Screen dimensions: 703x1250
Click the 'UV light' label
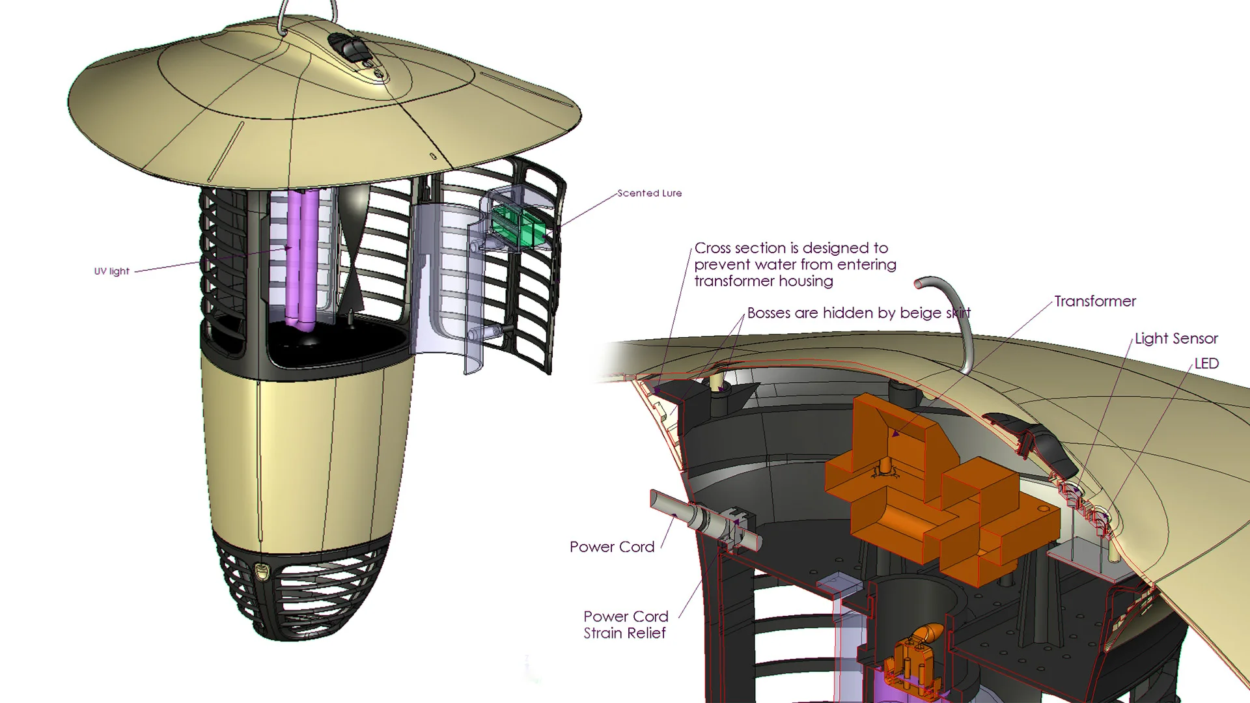(x=112, y=271)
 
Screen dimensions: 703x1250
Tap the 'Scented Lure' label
(x=649, y=193)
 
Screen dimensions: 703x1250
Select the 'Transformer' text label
(x=1095, y=301)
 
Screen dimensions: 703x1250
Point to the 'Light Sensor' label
(x=1176, y=338)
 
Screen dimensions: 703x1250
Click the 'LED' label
(x=1206, y=363)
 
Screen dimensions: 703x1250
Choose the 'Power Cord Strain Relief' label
(x=626, y=625)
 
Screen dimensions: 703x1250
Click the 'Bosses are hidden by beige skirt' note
(x=858, y=313)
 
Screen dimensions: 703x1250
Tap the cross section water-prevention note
(x=795, y=264)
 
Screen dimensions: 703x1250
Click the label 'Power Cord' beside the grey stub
(x=612, y=547)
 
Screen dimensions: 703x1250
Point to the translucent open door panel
(x=449, y=286)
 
